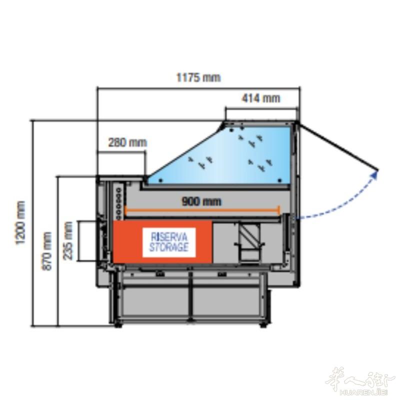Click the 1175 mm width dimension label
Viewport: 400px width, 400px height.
[198, 77]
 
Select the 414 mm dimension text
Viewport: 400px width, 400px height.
[260, 98]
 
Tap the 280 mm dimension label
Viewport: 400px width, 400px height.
[127, 142]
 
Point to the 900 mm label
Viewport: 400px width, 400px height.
[201, 202]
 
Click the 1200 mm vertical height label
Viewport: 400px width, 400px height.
[20, 222]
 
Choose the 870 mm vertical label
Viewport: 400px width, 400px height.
[47, 251]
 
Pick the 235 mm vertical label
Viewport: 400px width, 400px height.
[68, 241]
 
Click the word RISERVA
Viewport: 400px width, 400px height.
[169, 237]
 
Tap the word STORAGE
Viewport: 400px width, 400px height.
[169, 247]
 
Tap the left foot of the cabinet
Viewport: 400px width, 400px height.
[117, 325]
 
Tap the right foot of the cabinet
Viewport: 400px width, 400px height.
[263, 325]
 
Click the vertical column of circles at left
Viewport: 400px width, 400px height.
[118, 204]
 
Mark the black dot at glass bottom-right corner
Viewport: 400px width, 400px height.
[279, 180]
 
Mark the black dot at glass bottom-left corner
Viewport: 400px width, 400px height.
[160, 180]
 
